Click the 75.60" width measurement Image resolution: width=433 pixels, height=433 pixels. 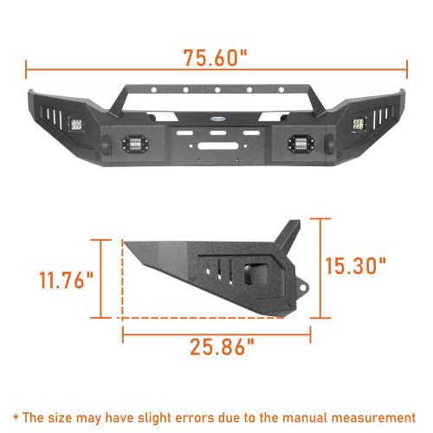tap(216, 57)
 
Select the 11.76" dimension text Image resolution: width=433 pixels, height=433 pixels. tap(66, 281)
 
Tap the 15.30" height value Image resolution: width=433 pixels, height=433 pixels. tap(358, 264)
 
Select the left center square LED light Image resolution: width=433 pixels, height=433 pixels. tap(137, 144)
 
